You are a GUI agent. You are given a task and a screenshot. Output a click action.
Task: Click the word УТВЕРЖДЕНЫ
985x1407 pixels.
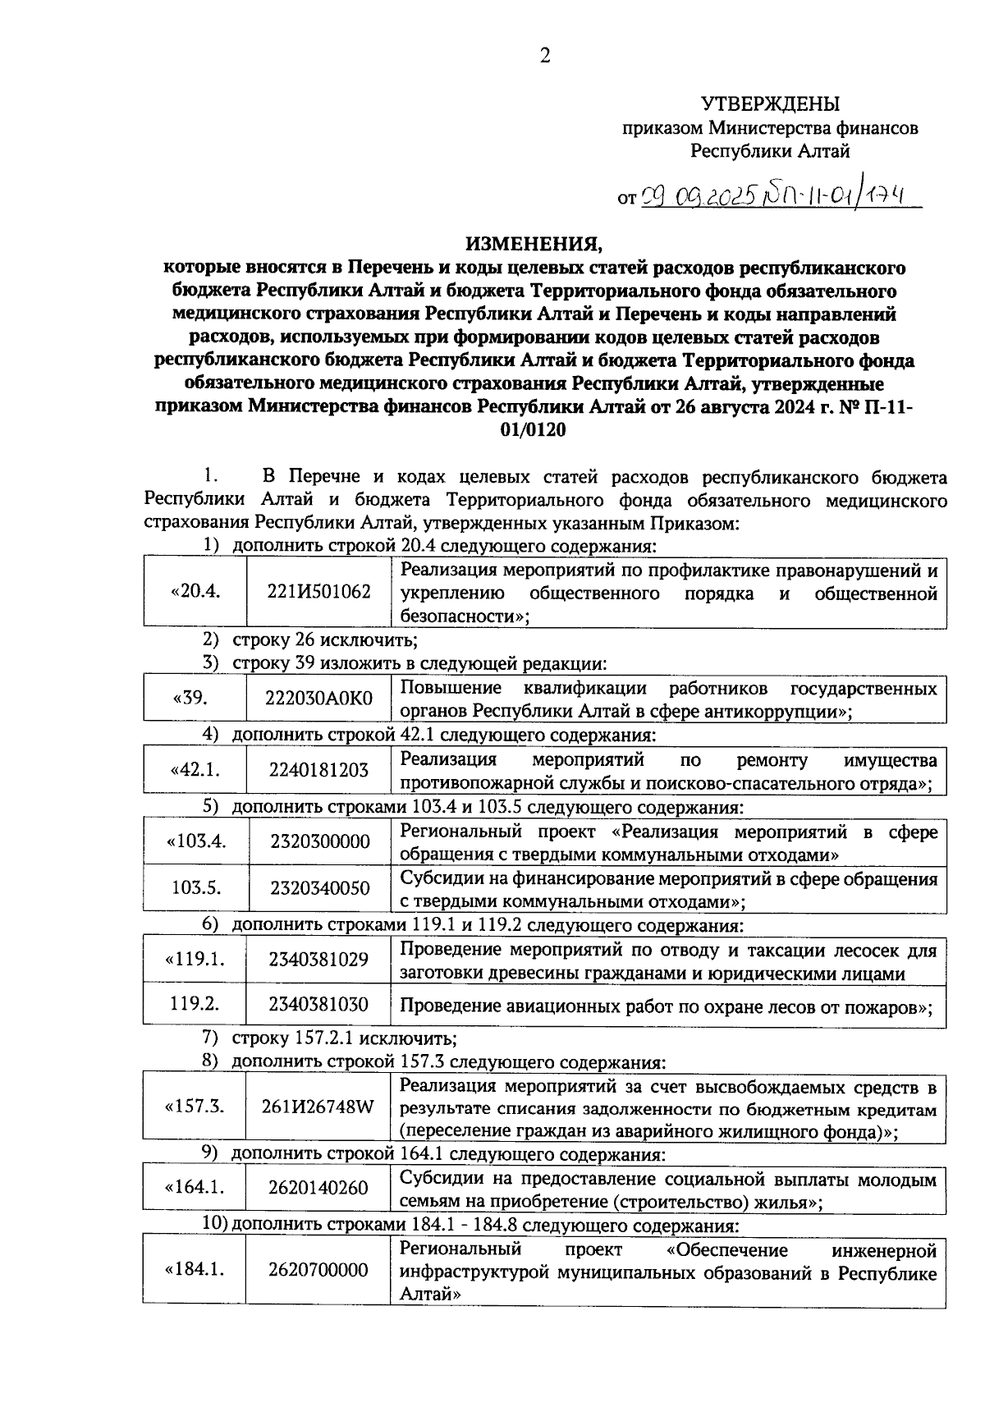click(771, 104)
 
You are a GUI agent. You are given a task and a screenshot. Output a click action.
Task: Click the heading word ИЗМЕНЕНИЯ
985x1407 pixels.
click(533, 244)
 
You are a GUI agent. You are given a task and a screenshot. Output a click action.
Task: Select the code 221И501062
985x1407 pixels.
click(318, 592)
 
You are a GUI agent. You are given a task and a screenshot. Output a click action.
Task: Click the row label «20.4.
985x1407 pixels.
click(195, 592)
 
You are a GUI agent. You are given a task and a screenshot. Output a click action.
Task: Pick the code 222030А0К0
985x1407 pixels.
click(318, 699)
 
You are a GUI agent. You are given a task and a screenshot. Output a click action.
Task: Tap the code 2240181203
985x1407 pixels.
click(318, 771)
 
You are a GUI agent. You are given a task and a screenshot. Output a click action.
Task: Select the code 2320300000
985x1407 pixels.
click(318, 842)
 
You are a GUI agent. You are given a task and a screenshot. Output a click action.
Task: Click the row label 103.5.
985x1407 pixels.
click(195, 888)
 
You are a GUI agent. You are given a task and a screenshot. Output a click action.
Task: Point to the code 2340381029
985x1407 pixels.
click(318, 960)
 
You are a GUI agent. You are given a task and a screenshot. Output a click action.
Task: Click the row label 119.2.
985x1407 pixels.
click(195, 1004)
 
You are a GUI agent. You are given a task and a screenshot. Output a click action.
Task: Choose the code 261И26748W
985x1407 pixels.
click(318, 1107)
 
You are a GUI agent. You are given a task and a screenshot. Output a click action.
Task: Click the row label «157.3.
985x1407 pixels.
click(195, 1107)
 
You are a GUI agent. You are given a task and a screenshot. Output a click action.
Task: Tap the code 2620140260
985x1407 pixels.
click(318, 1188)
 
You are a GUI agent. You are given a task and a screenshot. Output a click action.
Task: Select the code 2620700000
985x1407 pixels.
click(318, 1270)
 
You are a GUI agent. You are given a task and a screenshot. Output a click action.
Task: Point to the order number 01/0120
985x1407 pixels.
click(533, 430)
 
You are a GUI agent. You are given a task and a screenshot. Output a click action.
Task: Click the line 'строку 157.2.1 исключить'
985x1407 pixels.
click(344, 1039)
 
